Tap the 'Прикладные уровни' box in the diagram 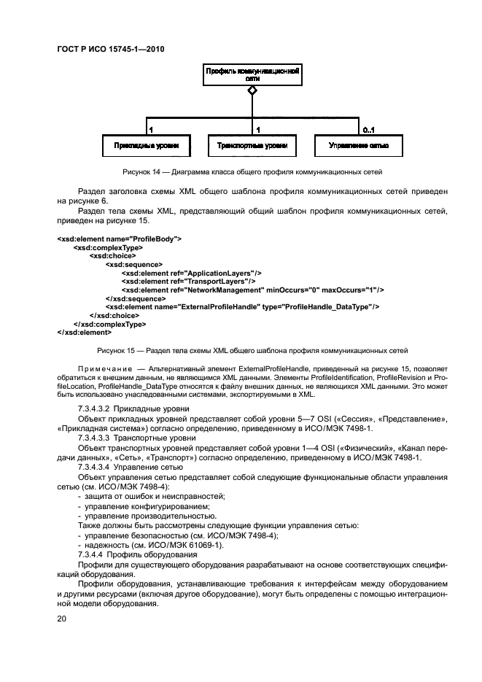(x=147, y=146)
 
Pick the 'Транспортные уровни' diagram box (x=252, y=146)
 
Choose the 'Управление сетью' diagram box (x=358, y=146)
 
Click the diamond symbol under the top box (x=252, y=90)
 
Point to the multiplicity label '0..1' (x=368, y=130)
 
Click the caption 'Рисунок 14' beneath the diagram (x=144, y=172)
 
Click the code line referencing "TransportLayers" (x=188, y=281)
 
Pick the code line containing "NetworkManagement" (x=252, y=290)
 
